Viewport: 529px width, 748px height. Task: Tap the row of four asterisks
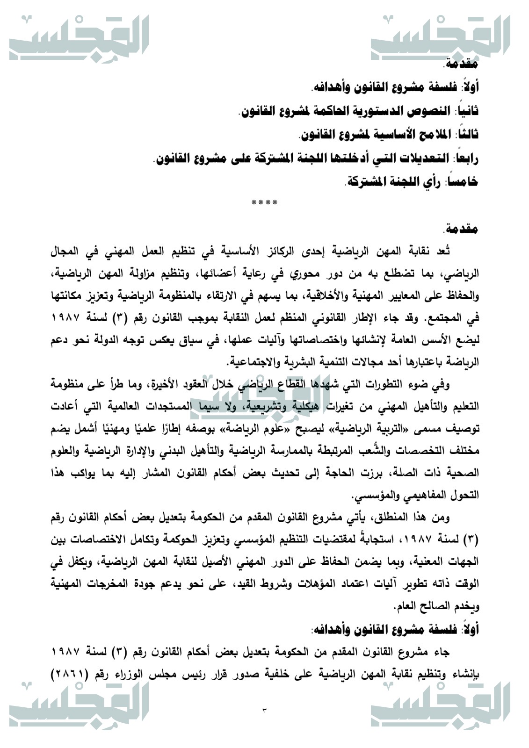264,203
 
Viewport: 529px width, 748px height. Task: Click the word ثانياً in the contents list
465,111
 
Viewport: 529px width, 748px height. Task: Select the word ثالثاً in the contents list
466,135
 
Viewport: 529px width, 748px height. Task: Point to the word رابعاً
465,159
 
